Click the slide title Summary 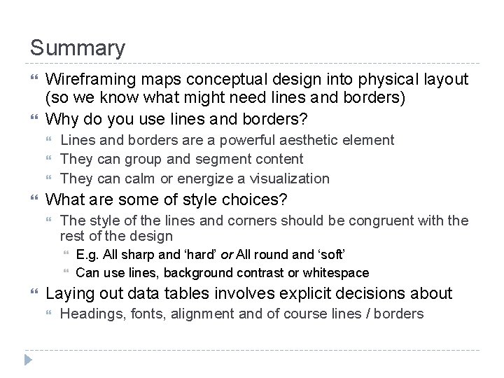click(x=78, y=48)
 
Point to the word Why click(x=62, y=118)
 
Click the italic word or click(x=227, y=254)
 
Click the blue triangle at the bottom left click(x=28, y=360)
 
